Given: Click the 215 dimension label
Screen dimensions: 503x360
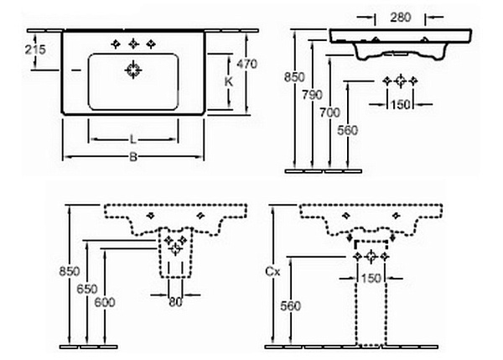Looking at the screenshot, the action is tap(35, 50).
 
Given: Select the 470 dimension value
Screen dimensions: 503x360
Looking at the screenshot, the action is tap(246, 64).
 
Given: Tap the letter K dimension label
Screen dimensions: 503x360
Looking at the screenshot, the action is tap(228, 82).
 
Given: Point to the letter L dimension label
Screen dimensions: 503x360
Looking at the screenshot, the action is tap(133, 139).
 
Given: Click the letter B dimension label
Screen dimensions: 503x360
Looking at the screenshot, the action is tap(133, 157).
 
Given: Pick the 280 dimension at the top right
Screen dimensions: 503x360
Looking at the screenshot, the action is tap(401, 17).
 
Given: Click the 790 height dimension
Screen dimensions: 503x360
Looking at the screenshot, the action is tap(312, 95).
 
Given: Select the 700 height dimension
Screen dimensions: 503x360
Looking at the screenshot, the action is tap(329, 112).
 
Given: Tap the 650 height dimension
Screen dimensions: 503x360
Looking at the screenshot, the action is tap(87, 289).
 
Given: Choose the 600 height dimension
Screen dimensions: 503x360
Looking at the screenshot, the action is tap(105, 302).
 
